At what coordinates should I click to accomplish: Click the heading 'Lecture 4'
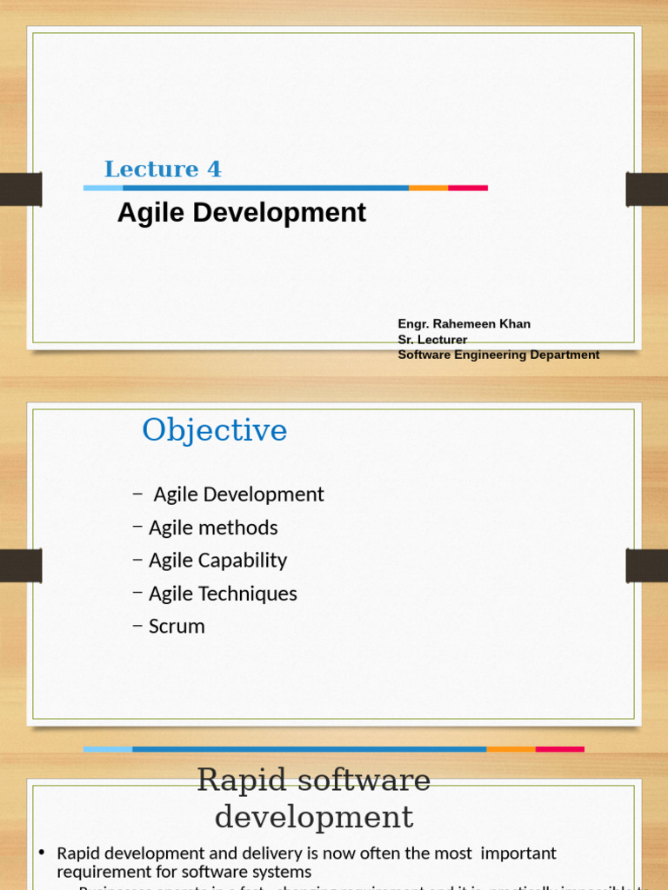click(163, 169)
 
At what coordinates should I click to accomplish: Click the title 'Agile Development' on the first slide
click(242, 213)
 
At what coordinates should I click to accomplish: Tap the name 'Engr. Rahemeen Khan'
click(464, 324)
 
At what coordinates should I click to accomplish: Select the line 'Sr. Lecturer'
click(432, 340)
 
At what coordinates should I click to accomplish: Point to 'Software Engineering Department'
click(498, 355)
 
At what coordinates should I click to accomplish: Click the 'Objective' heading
click(215, 430)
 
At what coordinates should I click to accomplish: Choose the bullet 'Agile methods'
click(213, 528)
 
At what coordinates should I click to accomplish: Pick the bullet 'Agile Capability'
click(217, 561)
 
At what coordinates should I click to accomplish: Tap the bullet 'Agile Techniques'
click(223, 594)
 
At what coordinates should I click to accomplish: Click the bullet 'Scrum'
click(177, 627)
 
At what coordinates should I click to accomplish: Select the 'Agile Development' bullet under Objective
click(238, 495)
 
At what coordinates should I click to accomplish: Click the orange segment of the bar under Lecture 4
click(428, 188)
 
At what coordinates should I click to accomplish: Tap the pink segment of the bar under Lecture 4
click(468, 188)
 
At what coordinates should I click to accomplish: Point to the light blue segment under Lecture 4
click(103, 188)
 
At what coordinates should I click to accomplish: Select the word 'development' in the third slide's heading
click(314, 817)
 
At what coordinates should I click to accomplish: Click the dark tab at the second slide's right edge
click(647, 566)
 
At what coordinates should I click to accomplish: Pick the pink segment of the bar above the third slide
click(559, 749)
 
